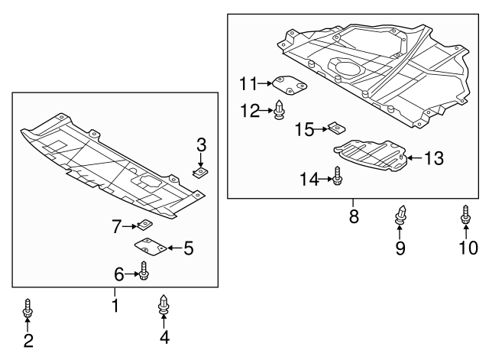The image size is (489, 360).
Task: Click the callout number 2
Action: coord(28,342)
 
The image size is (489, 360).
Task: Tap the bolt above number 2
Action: coord(28,308)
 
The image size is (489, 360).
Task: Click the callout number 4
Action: coord(164,337)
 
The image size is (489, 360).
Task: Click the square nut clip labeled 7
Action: coord(142,225)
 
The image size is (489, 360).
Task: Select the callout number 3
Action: coord(201,144)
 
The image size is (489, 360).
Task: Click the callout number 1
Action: coord(115,306)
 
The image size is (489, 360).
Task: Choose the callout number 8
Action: coord(354,216)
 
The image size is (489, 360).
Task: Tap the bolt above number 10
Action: coord(465,216)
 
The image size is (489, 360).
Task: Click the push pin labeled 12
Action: coord(280,111)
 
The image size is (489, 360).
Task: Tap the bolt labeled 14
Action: coord(338,179)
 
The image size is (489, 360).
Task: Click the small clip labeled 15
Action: coord(335,128)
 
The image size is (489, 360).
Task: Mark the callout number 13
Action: coord(433,158)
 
